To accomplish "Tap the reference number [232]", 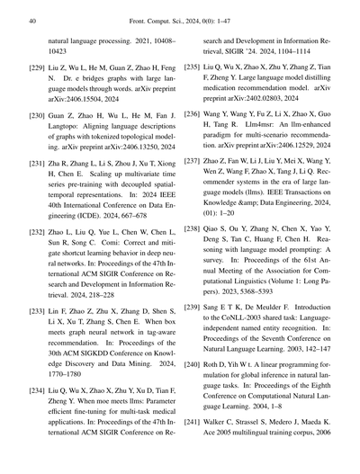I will coord(38,232).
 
